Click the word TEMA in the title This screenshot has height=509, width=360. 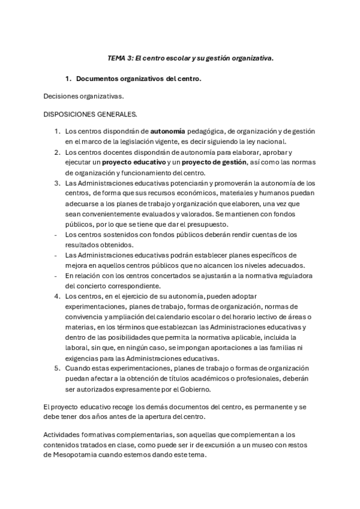point(117,58)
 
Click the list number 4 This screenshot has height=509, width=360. point(57,297)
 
